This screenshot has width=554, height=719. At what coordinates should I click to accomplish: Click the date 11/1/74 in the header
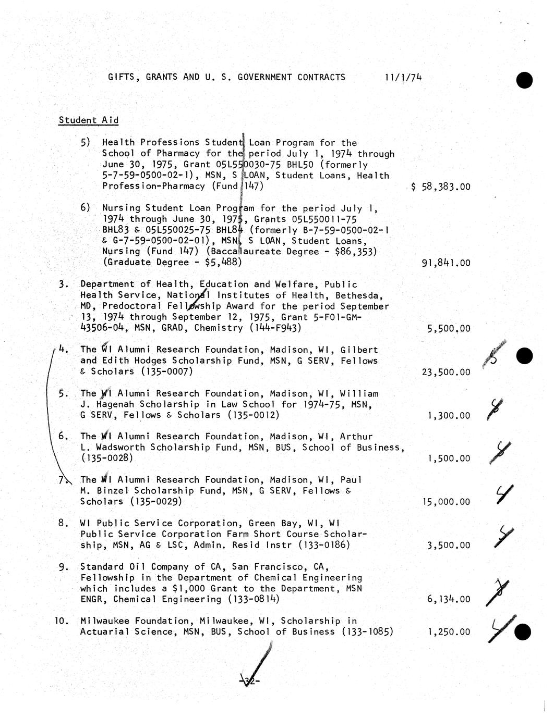[x=403, y=78]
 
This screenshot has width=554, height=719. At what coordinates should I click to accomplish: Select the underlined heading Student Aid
[x=89, y=120]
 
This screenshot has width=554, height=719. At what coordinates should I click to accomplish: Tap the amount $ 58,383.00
[x=441, y=187]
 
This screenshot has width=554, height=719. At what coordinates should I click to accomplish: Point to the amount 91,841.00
[x=445, y=263]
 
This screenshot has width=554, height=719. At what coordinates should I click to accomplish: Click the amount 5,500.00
[x=448, y=329]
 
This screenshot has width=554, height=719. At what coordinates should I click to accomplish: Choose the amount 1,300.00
[x=448, y=416]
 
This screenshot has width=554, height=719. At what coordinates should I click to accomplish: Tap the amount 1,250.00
[x=448, y=632]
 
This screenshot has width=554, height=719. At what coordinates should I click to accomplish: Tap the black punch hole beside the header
[x=524, y=81]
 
